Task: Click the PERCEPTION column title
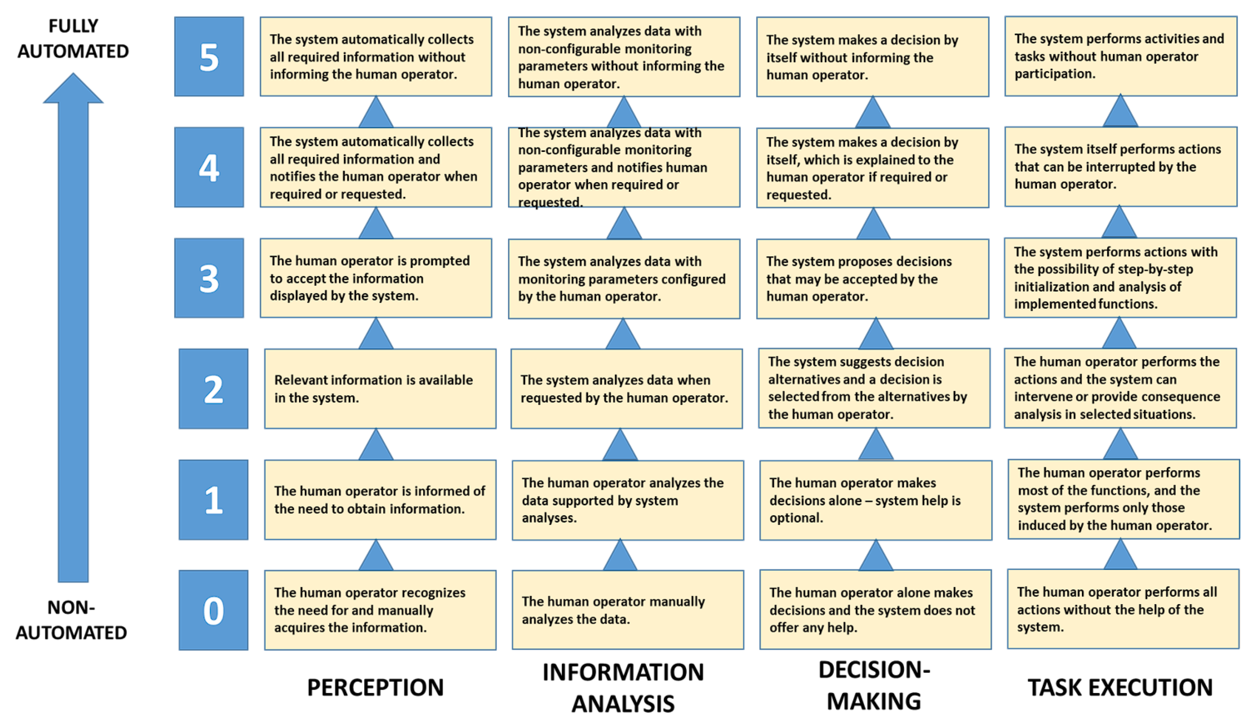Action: click(375, 687)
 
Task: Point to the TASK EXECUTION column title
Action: click(1120, 687)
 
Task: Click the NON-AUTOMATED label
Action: click(72, 619)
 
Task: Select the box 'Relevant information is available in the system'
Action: click(380, 389)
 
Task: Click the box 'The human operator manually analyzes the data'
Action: click(628, 610)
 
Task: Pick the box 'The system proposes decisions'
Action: click(872, 278)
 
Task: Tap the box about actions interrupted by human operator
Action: click(1120, 166)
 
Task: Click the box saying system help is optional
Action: click(875, 500)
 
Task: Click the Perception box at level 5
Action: click(376, 56)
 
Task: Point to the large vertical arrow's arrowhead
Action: click(73, 89)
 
